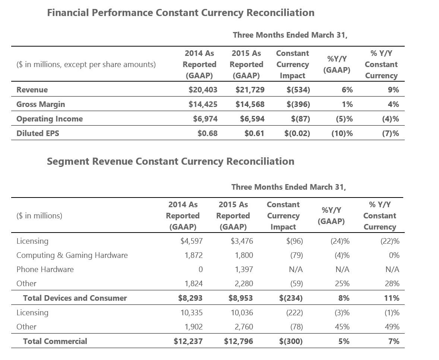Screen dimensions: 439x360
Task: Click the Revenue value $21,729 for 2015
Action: pos(250,89)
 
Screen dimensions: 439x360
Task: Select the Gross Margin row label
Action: pos(41,104)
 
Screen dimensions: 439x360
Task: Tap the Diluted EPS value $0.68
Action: pos(208,133)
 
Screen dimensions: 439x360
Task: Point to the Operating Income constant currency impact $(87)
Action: pos(300,119)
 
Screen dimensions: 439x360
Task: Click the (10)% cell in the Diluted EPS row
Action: pos(342,133)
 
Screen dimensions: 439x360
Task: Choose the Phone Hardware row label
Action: pos(45,269)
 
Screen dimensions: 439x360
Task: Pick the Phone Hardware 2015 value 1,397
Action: pos(244,269)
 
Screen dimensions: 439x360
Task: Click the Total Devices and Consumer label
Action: pos(75,298)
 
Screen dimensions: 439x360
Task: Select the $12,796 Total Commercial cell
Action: pos(239,341)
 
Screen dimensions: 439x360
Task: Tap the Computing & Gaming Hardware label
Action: pos(72,255)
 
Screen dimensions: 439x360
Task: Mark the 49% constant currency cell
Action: pos(392,327)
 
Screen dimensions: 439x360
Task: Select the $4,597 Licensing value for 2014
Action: pos(192,241)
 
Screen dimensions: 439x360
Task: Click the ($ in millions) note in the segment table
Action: pos(39,215)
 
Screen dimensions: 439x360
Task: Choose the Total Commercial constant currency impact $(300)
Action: pos(291,341)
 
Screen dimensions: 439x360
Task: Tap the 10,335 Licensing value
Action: pos(192,312)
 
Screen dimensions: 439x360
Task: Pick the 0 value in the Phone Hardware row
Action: pos(200,269)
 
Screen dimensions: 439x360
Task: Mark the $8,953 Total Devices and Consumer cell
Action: pos(241,298)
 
